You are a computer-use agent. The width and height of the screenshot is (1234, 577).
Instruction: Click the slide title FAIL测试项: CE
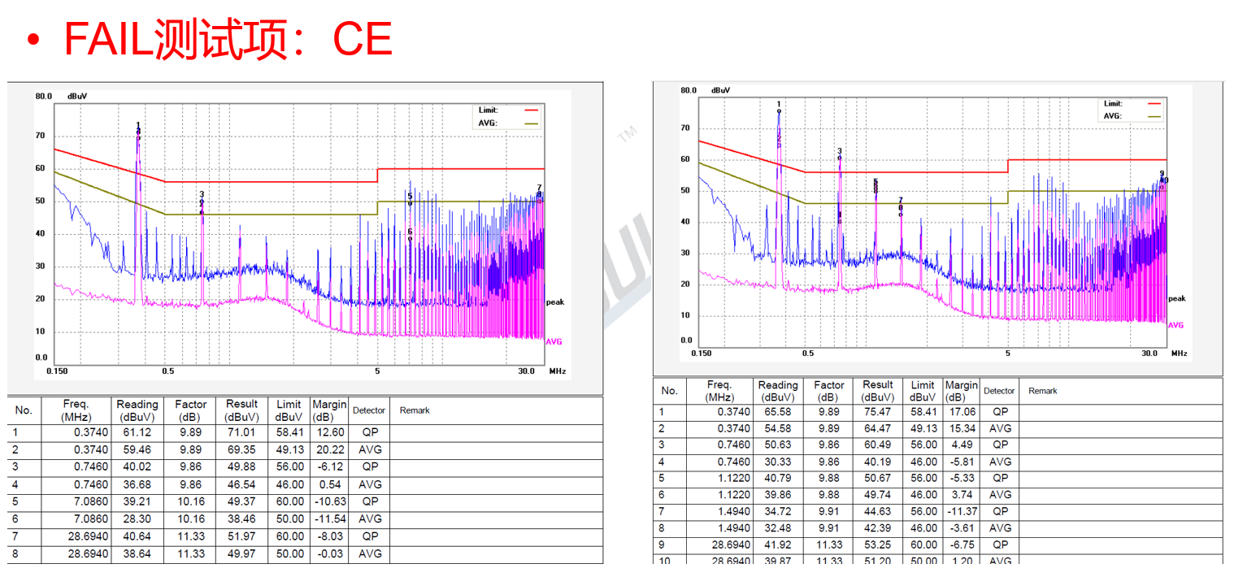click(x=228, y=39)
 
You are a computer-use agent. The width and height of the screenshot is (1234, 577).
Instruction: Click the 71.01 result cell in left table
click(x=241, y=432)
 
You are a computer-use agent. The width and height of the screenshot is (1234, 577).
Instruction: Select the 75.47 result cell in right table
click(x=878, y=412)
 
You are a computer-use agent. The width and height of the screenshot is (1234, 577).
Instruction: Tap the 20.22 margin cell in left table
click(x=329, y=449)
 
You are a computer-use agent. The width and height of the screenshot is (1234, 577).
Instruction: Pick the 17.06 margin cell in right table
click(x=961, y=412)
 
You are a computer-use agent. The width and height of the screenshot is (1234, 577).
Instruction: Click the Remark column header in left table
click(x=415, y=410)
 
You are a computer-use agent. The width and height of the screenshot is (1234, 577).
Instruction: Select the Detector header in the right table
click(x=999, y=391)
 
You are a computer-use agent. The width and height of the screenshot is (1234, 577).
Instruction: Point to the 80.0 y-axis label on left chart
click(x=43, y=96)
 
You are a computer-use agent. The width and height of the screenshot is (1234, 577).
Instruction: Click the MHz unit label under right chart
click(x=1179, y=354)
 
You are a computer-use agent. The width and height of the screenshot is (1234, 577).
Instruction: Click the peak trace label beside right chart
click(x=1177, y=298)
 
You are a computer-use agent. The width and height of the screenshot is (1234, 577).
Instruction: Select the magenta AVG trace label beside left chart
click(x=554, y=341)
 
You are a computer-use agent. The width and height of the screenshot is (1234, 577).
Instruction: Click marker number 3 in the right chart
click(x=840, y=151)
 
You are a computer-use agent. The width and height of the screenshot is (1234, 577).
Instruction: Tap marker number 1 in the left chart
click(x=138, y=125)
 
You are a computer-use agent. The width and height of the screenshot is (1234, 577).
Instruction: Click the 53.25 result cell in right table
click(x=878, y=544)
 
